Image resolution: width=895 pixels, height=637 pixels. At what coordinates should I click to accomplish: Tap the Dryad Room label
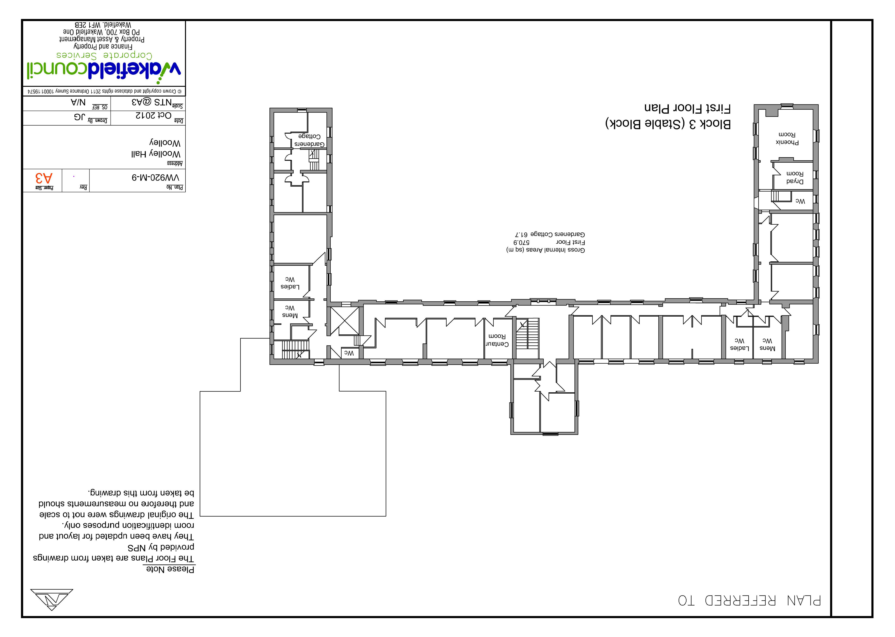point(795,177)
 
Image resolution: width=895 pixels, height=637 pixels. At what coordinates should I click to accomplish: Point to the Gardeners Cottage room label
point(310,140)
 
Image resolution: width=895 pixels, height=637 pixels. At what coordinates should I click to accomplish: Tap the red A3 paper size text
point(44,178)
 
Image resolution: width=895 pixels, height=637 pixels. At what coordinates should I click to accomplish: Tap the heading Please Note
point(170,569)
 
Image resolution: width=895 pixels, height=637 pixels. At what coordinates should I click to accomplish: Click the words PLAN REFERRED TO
point(749,601)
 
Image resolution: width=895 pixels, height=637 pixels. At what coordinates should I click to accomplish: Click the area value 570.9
point(522,242)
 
